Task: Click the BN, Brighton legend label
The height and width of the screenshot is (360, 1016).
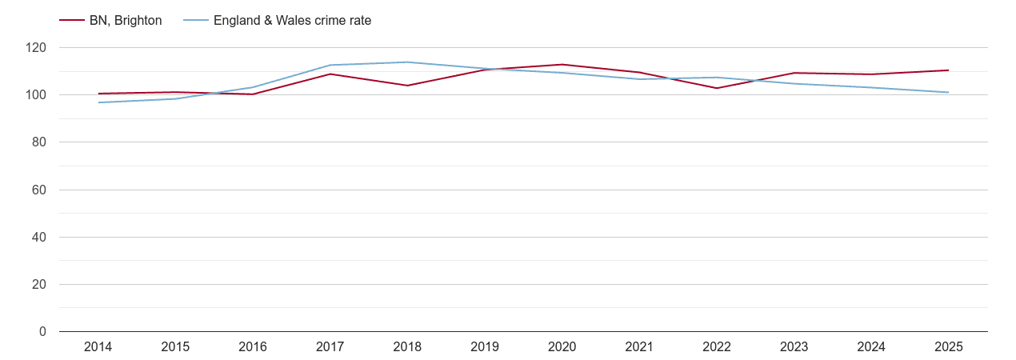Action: point(126,21)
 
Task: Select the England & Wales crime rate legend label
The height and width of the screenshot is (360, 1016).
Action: point(292,21)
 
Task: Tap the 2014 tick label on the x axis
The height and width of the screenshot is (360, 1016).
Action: point(98,347)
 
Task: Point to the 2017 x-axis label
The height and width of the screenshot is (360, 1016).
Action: point(330,347)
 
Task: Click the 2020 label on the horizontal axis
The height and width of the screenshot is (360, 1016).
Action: point(562,347)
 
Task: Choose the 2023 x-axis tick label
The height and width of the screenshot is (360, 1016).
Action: point(794,347)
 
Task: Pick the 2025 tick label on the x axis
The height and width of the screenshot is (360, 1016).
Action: point(948,347)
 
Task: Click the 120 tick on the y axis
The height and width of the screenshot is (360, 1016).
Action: point(36,48)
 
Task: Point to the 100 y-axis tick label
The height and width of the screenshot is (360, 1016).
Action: point(36,95)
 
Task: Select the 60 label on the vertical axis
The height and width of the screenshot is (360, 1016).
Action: point(39,190)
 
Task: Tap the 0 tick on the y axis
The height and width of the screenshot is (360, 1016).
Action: point(42,332)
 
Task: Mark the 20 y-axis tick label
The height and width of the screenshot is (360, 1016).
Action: point(39,285)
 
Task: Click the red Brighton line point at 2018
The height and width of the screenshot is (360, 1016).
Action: point(407,86)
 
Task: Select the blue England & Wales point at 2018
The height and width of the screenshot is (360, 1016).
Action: point(407,62)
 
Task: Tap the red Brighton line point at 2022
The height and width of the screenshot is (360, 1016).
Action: point(716,88)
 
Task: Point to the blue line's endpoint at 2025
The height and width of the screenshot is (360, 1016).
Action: point(948,93)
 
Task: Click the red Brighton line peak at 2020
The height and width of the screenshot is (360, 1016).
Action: point(562,65)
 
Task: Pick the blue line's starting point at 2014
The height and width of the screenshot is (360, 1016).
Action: point(98,102)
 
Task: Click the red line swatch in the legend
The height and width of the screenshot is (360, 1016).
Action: point(72,21)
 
